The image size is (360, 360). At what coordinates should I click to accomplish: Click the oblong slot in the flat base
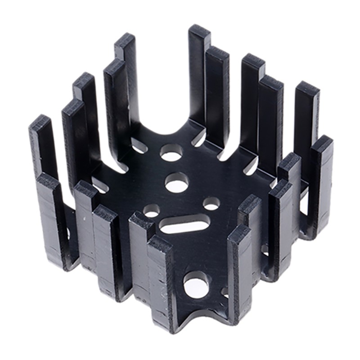pyautogui.click(x=185, y=224)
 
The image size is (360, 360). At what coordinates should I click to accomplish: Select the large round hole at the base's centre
pyautogui.click(x=176, y=182)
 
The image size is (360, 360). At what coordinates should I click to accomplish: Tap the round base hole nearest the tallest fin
pyautogui.click(x=170, y=153)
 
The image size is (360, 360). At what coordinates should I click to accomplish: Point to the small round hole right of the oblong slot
pyautogui.click(x=211, y=204)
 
